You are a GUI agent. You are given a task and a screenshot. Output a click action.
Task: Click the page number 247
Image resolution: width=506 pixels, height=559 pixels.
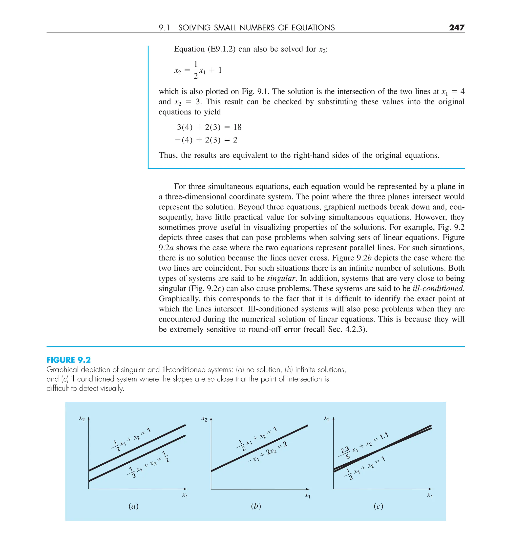pyautogui.click(x=456, y=27)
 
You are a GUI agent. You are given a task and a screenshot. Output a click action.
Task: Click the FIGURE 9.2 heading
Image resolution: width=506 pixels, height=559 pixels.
pyautogui.click(x=68, y=360)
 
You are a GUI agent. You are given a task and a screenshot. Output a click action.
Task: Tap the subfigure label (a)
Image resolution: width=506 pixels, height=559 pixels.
pyautogui.click(x=133, y=506)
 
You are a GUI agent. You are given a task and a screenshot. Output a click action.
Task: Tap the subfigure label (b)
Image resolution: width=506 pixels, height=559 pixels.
pyautogui.click(x=256, y=506)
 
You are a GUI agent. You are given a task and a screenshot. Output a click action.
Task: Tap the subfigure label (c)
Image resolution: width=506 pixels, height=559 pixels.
pyautogui.click(x=378, y=506)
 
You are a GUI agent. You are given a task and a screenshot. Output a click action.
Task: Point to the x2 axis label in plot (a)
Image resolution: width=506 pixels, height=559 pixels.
pyautogui.click(x=82, y=418)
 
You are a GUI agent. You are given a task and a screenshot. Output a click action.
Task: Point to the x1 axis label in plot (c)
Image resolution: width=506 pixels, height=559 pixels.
pyautogui.click(x=430, y=495)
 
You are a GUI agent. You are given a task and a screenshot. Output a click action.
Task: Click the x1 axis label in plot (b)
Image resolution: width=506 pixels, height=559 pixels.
pyautogui.click(x=307, y=495)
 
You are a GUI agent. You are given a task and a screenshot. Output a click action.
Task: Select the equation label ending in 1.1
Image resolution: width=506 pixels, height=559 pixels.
pyautogui.click(x=363, y=445)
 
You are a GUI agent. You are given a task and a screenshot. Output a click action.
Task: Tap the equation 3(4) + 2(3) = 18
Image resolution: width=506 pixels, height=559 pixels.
pyautogui.click(x=209, y=127)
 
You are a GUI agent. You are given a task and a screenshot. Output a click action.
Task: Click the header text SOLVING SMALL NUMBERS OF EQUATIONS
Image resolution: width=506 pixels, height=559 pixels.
pyautogui.click(x=256, y=28)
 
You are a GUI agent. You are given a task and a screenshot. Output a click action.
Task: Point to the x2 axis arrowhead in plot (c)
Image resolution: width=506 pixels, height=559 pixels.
pyautogui.click(x=334, y=419)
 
